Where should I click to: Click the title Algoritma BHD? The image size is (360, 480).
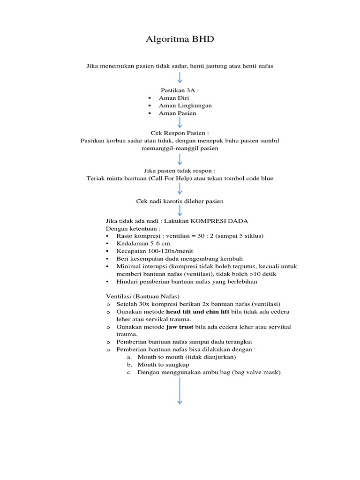point(180,39)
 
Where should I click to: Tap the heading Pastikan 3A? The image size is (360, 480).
point(180,90)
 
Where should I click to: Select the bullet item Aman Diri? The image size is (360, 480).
point(173,97)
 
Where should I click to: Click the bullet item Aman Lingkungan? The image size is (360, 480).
point(185,105)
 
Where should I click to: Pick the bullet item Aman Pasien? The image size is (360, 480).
point(178,113)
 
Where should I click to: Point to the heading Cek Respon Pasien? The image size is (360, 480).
point(180,133)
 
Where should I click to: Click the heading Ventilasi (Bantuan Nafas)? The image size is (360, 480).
point(142,296)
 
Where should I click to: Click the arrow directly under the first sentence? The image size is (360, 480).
point(180,78)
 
